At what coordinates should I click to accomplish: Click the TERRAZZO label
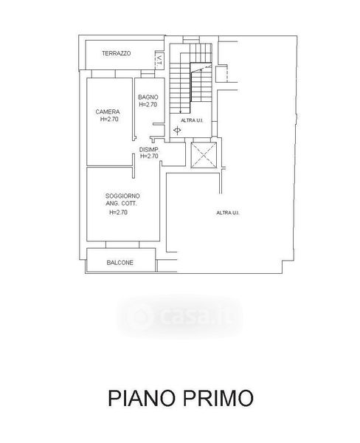[117, 53]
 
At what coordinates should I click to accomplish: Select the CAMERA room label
[108, 112]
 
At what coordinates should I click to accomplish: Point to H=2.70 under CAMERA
[109, 119]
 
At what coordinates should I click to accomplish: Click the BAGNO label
[148, 97]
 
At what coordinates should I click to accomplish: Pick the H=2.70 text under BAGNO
[148, 105]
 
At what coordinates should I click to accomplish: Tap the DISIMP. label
[149, 150]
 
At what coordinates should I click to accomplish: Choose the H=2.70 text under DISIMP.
[149, 156]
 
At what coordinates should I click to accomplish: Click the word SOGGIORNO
[122, 196]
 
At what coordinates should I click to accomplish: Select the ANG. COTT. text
[122, 204]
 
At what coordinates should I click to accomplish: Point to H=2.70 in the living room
[118, 213]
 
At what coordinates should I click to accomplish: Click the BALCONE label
[120, 263]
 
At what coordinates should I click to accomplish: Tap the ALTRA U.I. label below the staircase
[192, 120]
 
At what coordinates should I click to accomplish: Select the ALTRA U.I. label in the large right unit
[228, 213]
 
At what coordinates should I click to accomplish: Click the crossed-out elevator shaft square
[204, 155]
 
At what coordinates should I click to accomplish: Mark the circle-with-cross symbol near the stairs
[177, 131]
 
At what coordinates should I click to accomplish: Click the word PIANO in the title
[142, 398]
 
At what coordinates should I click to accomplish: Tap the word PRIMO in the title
[218, 398]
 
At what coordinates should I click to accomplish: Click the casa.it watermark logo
[179, 317]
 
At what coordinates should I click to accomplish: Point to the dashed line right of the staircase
[227, 74]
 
